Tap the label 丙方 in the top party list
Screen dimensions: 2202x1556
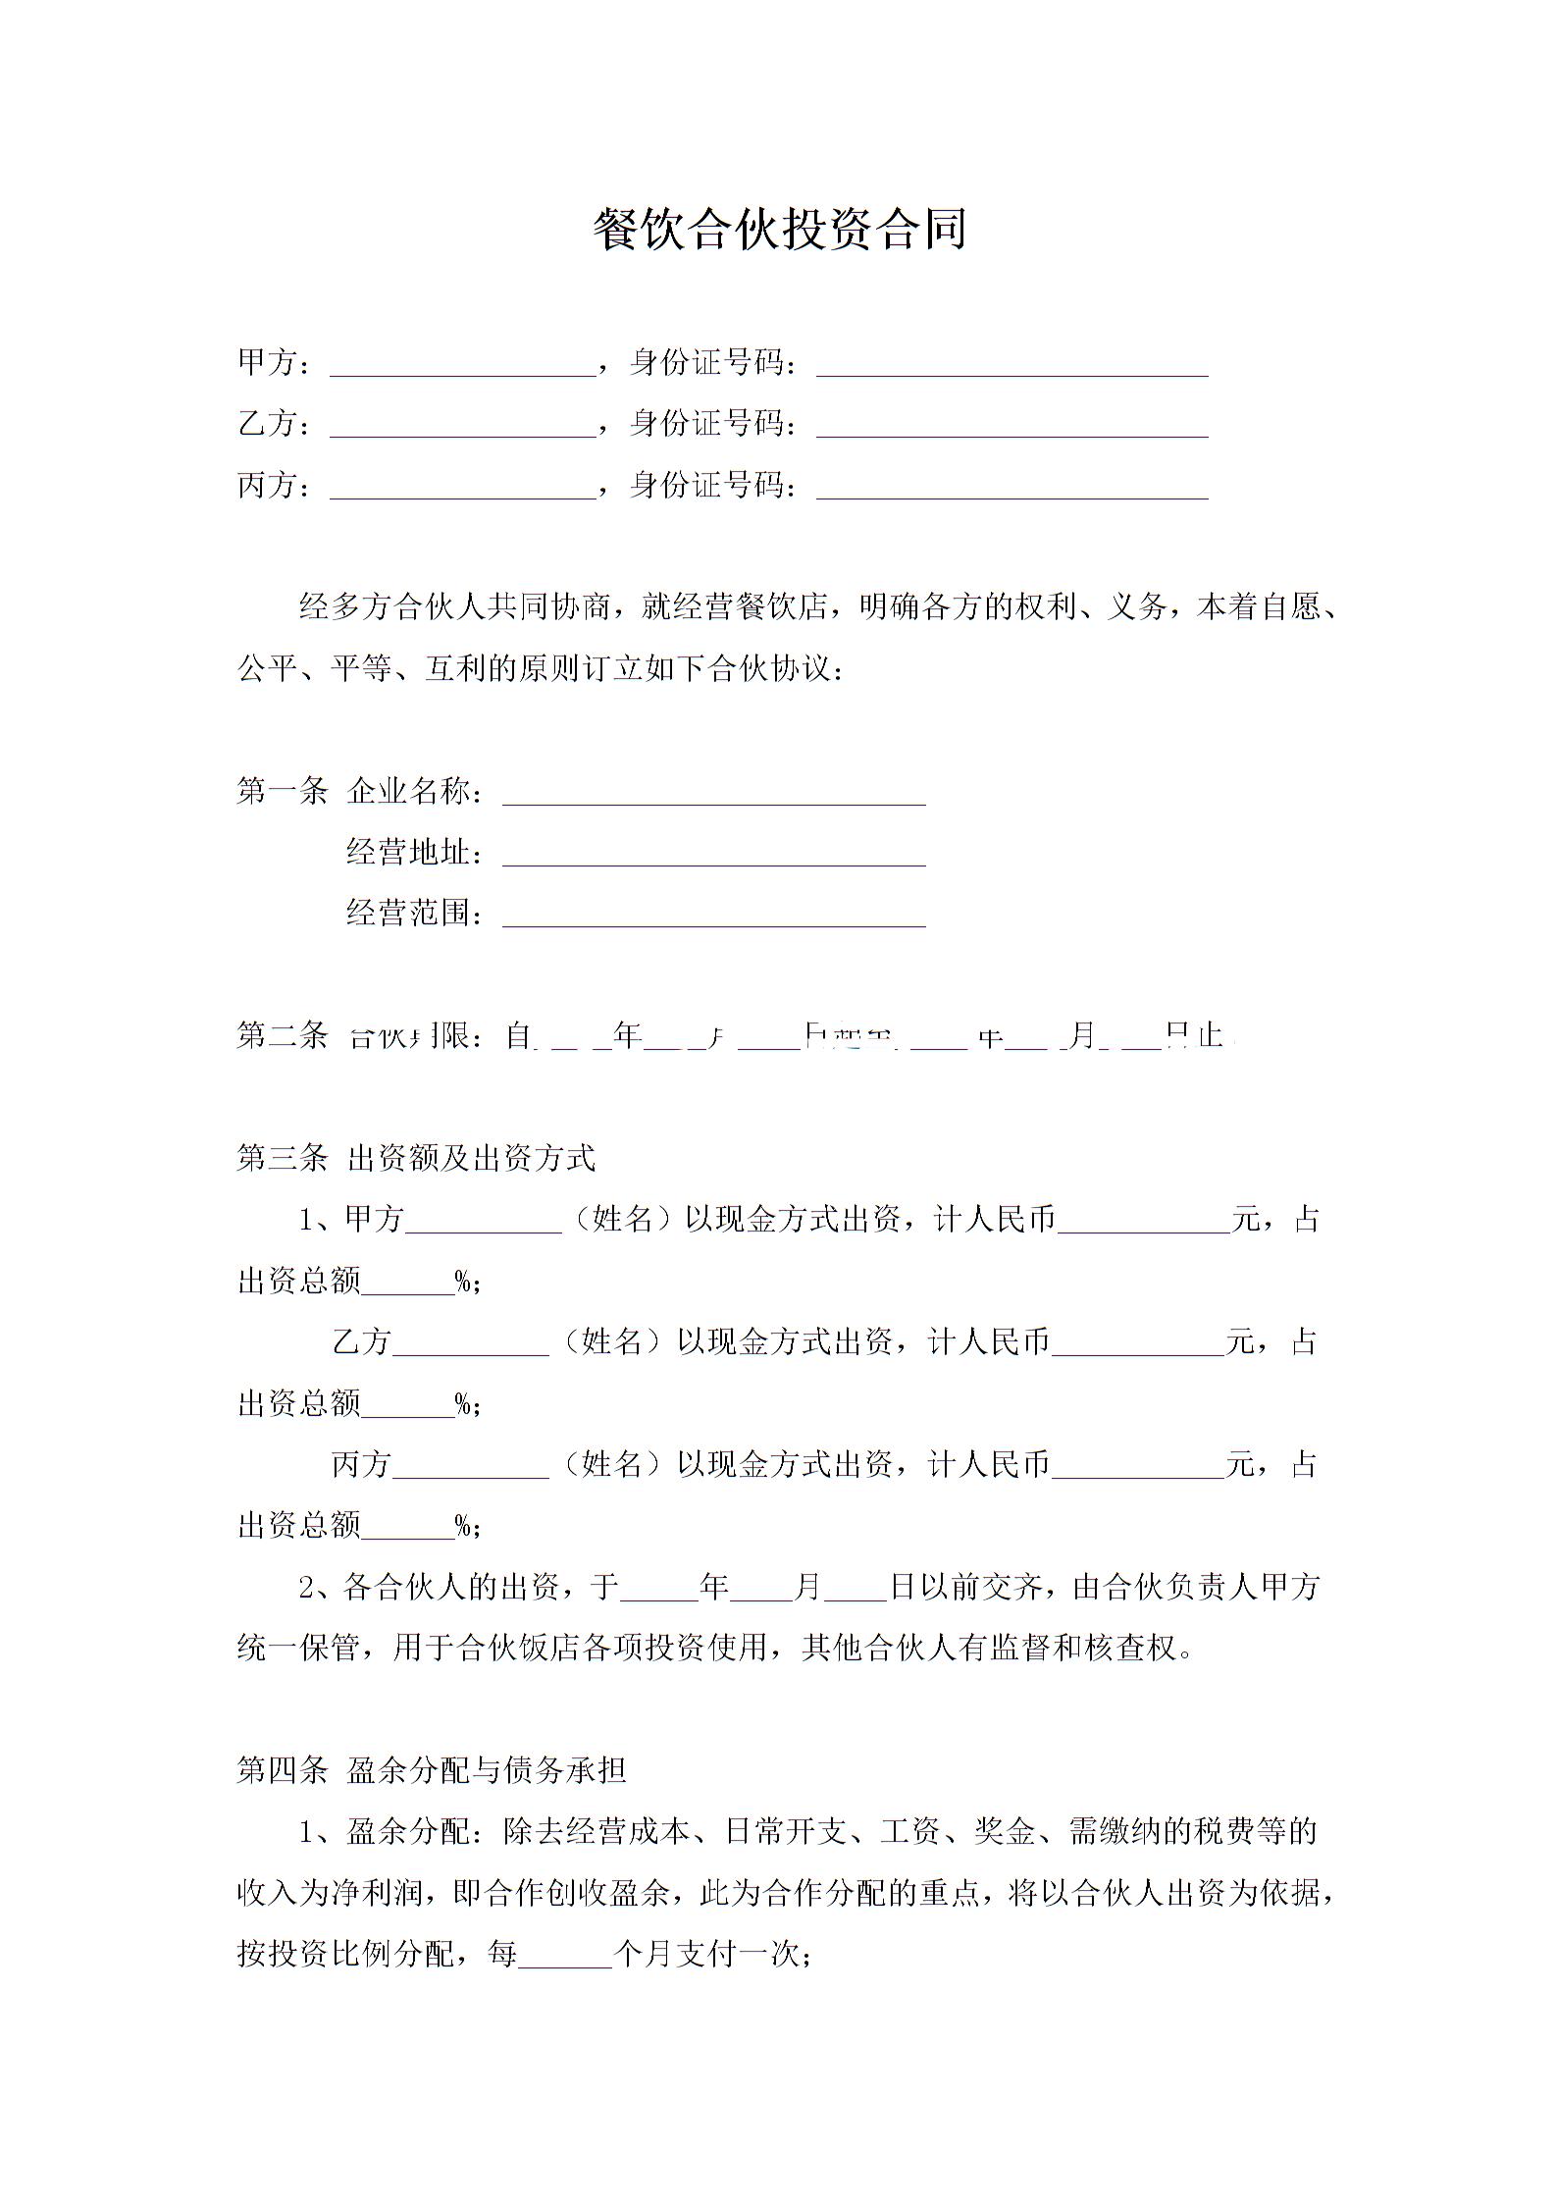click(x=267, y=485)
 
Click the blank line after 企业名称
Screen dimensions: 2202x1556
click(x=713, y=796)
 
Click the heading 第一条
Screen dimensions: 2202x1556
click(x=282, y=790)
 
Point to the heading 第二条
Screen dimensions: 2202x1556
click(x=282, y=1034)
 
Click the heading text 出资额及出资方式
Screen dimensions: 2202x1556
click(x=471, y=1158)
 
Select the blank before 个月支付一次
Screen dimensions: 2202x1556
click(x=565, y=1959)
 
